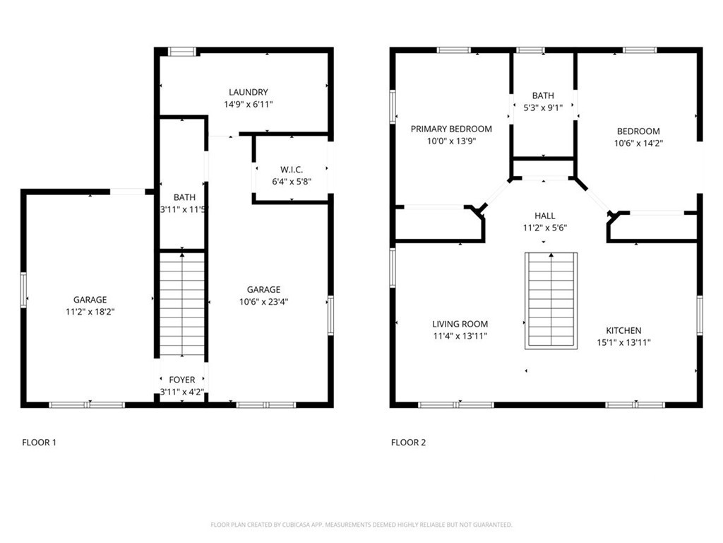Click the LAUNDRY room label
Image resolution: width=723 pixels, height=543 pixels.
tap(248, 93)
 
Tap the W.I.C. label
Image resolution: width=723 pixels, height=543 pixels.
tap(292, 170)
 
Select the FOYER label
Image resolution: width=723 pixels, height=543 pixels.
tap(181, 380)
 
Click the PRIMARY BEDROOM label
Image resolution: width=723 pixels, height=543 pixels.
tap(451, 129)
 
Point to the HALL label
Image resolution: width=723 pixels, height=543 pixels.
tap(544, 216)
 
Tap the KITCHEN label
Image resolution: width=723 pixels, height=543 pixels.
tap(623, 331)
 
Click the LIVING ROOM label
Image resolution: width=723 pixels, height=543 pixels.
tap(460, 324)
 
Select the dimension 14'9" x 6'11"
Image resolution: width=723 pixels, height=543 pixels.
tap(248, 105)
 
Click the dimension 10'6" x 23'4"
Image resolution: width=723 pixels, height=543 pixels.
tap(263, 302)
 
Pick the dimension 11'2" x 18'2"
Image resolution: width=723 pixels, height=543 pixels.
tap(90, 312)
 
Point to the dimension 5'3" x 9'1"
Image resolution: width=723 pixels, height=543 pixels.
tap(543, 108)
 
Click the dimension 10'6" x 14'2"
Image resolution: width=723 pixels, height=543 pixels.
tap(638, 143)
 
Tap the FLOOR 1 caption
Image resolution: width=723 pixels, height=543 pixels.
tap(40, 443)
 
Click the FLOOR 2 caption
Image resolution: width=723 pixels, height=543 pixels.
tap(408, 443)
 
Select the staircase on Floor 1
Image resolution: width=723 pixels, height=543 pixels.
tap(182, 305)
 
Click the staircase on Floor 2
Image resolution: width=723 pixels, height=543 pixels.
tap(551, 300)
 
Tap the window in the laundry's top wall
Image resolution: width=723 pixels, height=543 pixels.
tap(181, 51)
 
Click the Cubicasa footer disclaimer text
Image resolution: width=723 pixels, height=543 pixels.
tap(361, 525)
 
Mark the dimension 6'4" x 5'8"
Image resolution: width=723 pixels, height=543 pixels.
tap(292, 182)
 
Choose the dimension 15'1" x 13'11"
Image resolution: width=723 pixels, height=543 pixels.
tap(623, 343)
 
